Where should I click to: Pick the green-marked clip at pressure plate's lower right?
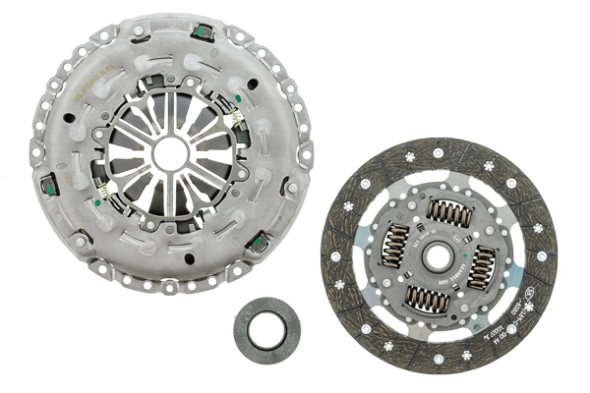point(261,240)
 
